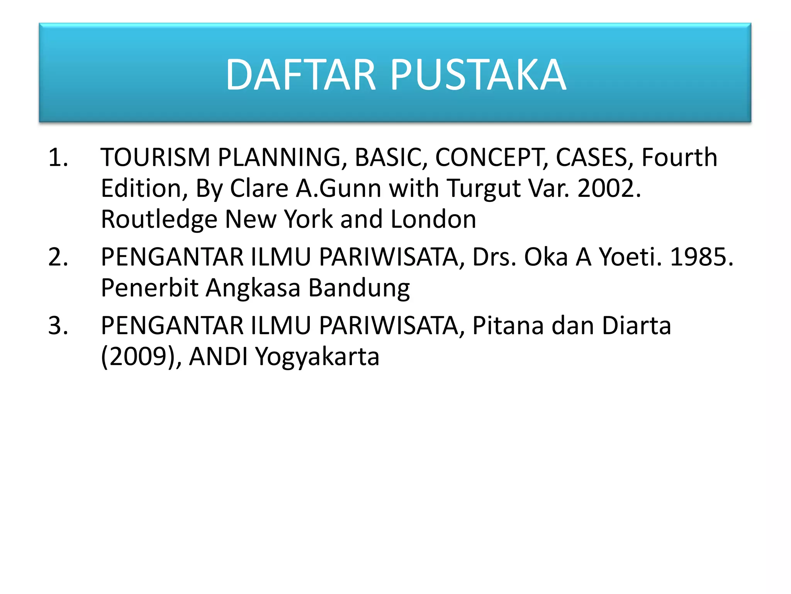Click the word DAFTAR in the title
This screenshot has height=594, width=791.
click(x=300, y=74)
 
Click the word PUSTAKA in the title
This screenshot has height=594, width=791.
click(x=478, y=74)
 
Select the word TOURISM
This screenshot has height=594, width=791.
click(x=155, y=158)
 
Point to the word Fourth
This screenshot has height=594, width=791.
click(x=679, y=158)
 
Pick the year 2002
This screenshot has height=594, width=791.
click(x=609, y=189)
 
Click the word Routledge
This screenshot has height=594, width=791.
click(x=159, y=220)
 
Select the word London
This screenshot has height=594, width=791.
click(x=433, y=220)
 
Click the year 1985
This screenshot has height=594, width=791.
click(x=701, y=257)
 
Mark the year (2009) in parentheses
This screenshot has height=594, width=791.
click(x=139, y=357)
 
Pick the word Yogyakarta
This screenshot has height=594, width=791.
click(x=317, y=357)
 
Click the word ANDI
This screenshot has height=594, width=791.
click(x=218, y=357)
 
